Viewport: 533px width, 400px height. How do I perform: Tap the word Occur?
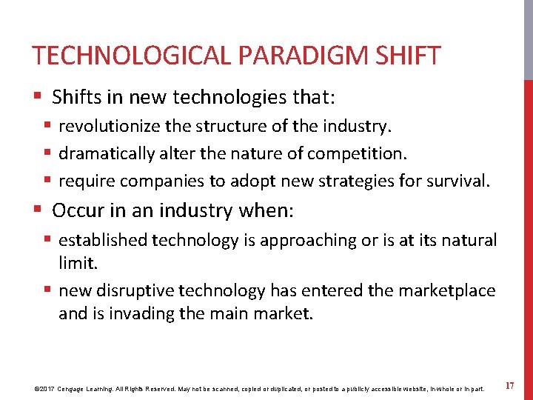77,211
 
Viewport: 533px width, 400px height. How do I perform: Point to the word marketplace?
447,292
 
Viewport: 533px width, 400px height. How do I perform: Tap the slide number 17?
509,386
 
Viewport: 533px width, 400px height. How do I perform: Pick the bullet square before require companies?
48,180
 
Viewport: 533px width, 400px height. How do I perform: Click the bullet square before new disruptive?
48,291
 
